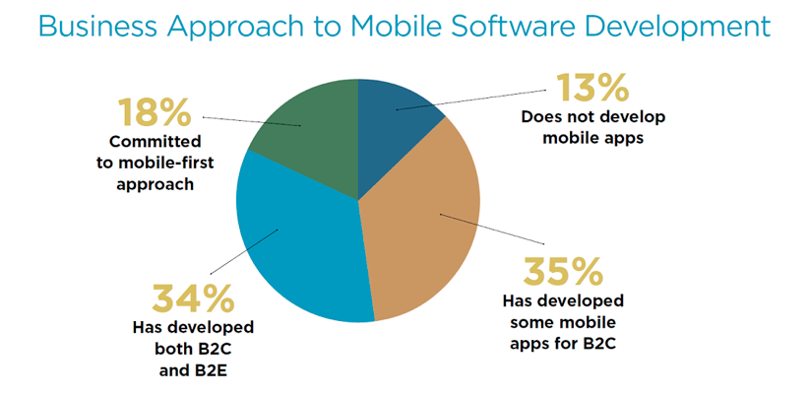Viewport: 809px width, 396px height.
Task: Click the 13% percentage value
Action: tap(591, 88)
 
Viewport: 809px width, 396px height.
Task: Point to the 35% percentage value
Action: tap(562, 271)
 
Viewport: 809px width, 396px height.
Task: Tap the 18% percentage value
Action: tap(155, 112)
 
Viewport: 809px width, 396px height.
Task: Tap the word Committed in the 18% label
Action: tap(155, 142)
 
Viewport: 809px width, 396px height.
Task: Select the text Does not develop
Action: tap(593, 117)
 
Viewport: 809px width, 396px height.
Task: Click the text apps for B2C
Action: tap(563, 343)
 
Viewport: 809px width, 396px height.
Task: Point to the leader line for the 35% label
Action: tap(492, 229)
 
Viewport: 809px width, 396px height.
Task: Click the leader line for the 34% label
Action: tap(244, 251)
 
